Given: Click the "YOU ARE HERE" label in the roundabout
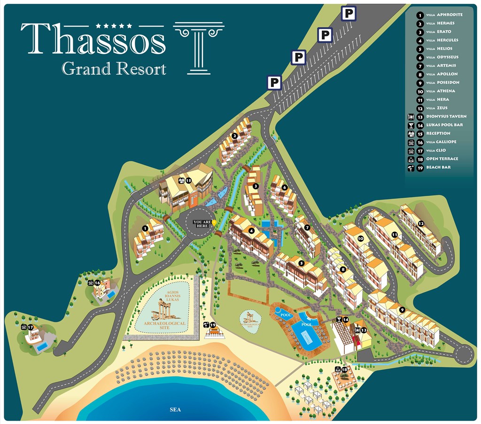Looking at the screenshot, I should pyautogui.click(x=202, y=224).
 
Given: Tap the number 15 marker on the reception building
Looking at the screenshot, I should pyautogui.click(x=188, y=180).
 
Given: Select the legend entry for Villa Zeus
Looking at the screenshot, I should pyautogui.click(x=437, y=108).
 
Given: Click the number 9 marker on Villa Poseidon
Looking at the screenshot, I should pyautogui.click(x=402, y=309).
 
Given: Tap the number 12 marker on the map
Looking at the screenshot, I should pyautogui.click(x=421, y=224).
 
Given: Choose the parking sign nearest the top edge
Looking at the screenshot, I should pyautogui.click(x=348, y=14).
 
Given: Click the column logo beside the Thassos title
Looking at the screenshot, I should pyautogui.click(x=199, y=48).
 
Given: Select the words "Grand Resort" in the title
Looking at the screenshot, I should pyautogui.click(x=114, y=69).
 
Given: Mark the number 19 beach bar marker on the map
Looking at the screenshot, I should pyautogui.click(x=212, y=325).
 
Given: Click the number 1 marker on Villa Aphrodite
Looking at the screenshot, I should pyautogui.click(x=145, y=228).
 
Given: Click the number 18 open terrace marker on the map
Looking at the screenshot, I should pyautogui.click(x=344, y=369).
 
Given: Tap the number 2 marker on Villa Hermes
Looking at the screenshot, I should pyautogui.click(x=234, y=136).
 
